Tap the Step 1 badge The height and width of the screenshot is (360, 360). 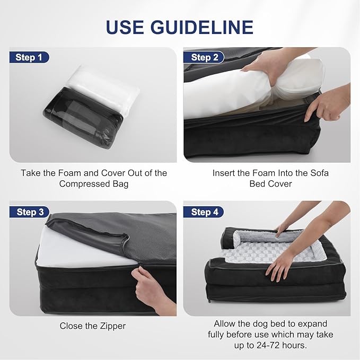[x=30, y=57]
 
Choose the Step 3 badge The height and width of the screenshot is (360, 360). [x=30, y=212]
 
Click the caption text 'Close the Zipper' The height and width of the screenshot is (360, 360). [x=92, y=326]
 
